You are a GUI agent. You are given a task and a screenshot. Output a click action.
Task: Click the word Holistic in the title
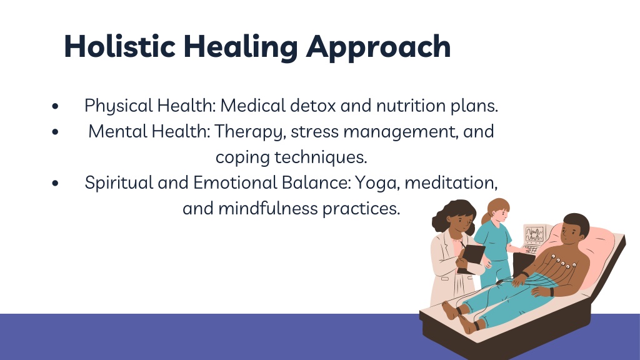tap(120, 46)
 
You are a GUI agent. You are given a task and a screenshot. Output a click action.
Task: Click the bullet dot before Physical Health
tap(56, 106)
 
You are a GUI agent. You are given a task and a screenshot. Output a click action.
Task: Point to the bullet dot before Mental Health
tap(56, 132)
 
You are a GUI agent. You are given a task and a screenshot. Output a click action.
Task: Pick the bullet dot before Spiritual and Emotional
tap(56, 183)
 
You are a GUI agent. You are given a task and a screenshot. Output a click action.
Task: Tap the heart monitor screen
tap(535, 234)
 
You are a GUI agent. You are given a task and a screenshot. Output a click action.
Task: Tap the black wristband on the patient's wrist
tap(551, 292)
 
